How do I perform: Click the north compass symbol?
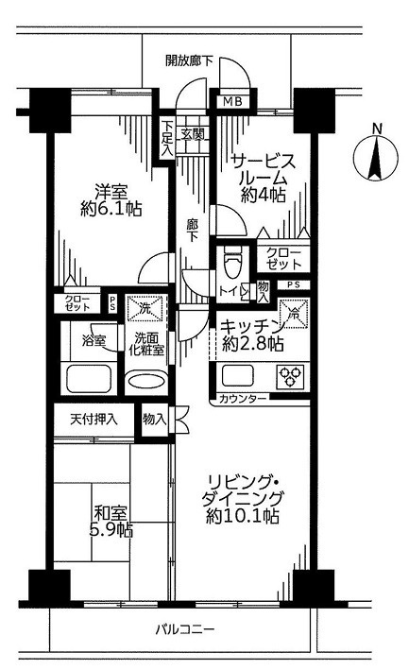coord(376,154)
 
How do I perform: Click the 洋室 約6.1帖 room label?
coord(111,198)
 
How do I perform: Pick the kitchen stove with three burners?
coord(287,376)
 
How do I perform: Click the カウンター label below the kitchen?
coord(243,399)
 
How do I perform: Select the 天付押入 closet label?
coord(93,419)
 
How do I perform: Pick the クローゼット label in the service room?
coord(284,258)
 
